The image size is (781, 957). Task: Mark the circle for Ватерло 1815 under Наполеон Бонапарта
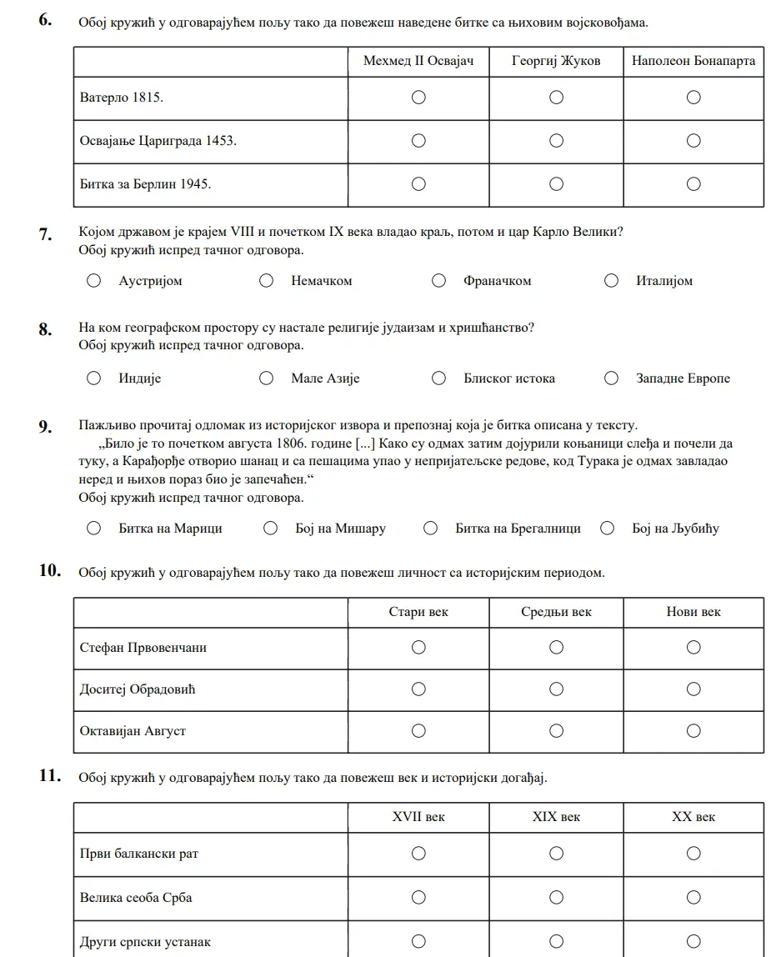click(x=693, y=98)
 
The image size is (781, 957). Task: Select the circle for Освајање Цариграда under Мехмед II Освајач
click(x=418, y=141)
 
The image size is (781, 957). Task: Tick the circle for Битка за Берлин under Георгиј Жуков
click(x=556, y=183)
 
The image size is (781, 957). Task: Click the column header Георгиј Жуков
click(x=556, y=61)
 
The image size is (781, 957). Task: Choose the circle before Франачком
click(x=438, y=281)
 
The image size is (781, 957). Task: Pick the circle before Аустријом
click(x=93, y=281)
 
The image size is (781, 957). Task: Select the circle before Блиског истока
click(x=438, y=378)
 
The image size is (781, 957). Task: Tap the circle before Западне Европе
click(x=611, y=378)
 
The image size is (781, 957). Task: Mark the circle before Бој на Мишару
click(x=270, y=528)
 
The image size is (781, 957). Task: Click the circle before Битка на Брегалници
click(x=430, y=528)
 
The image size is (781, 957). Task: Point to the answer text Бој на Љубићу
click(x=675, y=529)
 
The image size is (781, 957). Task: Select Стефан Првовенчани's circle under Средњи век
click(x=556, y=647)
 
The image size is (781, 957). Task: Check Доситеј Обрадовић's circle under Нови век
click(x=693, y=689)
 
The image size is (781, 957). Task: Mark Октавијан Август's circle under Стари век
click(x=418, y=730)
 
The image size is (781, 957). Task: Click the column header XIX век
click(x=556, y=817)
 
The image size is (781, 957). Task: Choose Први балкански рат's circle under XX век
click(x=693, y=853)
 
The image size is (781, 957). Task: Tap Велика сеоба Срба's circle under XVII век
click(x=418, y=897)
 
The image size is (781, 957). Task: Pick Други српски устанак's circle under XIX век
click(x=556, y=941)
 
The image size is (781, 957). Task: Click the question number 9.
click(x=46, y=427)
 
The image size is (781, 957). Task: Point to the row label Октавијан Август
click(x=133, y=731)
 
